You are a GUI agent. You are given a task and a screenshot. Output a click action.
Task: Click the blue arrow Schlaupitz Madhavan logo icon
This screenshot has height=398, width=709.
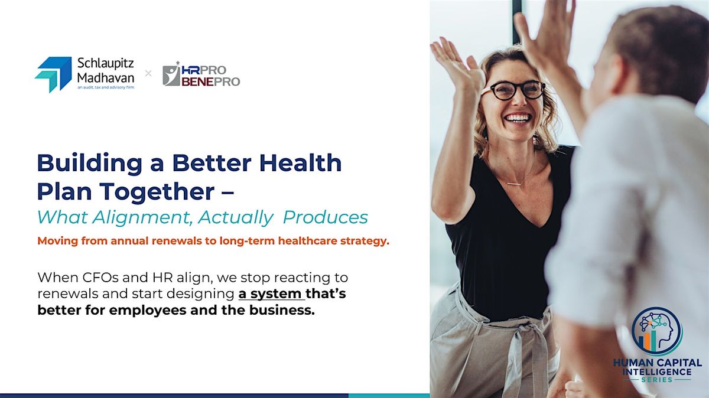point(53,74)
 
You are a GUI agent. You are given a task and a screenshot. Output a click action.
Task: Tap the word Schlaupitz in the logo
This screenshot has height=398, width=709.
point(105,63)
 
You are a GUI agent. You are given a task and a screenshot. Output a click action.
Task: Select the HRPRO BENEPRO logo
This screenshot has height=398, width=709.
point(201,74)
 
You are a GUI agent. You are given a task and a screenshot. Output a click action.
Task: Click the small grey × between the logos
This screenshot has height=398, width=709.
point(148,74)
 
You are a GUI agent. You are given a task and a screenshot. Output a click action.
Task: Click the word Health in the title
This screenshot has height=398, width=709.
point(300,163)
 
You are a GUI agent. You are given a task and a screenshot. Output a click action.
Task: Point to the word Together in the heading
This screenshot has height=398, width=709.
point(157,192)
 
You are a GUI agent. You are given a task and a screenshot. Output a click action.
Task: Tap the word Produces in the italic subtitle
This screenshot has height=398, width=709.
point(326,217)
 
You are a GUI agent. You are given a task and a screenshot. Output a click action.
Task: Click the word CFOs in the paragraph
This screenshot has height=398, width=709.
point(100,278)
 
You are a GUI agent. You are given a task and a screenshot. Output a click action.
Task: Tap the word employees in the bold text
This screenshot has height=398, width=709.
point(148,311)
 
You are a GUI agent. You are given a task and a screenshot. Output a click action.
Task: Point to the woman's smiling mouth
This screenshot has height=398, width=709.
point(518,118)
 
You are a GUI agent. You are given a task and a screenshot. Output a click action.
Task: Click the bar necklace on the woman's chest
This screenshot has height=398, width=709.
point(514,184)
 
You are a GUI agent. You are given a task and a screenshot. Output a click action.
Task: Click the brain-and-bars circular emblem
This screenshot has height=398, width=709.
point(657,331)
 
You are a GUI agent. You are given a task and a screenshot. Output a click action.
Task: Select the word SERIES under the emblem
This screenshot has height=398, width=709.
point(657,380)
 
